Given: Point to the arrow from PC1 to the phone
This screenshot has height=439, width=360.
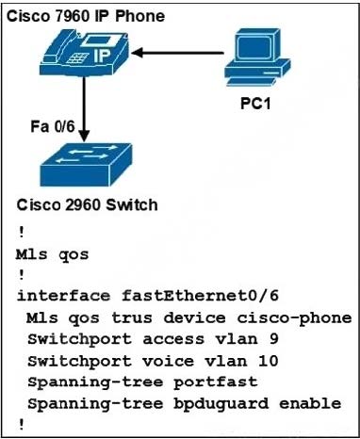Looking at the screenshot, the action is coord(179,53).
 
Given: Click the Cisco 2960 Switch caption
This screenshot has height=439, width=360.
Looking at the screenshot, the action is coord(88,204).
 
